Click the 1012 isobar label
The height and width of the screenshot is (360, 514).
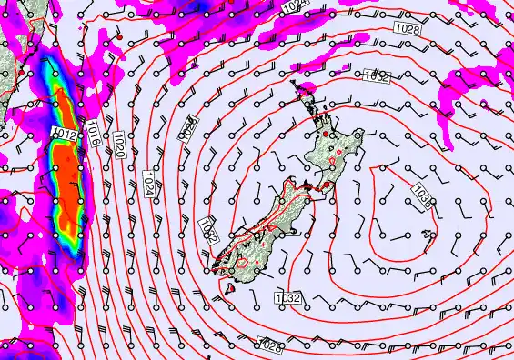63,134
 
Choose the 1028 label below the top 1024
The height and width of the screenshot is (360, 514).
408,30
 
